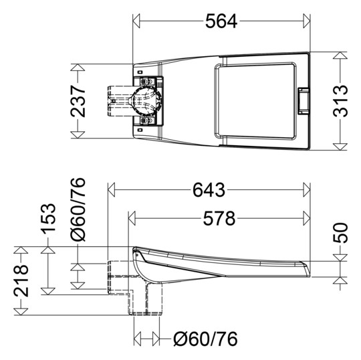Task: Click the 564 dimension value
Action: tap(221, 21)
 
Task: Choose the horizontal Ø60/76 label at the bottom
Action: tap(205, 339)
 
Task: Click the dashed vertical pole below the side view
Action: tap(146, 300)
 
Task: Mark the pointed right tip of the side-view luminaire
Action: tap(309, 267)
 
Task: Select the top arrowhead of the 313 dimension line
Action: tap(342, 54)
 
